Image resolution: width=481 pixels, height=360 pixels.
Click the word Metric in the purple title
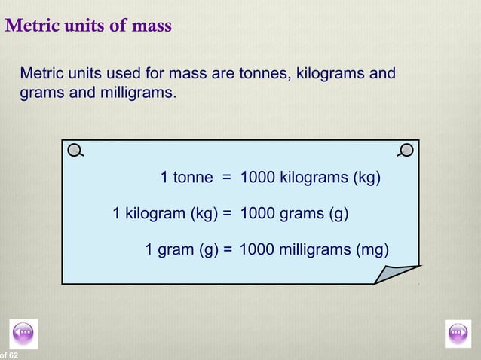coord(29,26)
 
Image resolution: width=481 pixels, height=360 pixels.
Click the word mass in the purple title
coord(152,27)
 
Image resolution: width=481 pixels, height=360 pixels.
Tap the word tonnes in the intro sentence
coord(265,74)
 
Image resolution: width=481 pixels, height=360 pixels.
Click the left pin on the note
coord(75,150)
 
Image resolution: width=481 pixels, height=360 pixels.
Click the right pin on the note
coord(406,149)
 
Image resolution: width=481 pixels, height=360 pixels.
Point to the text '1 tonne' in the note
coord(187,178)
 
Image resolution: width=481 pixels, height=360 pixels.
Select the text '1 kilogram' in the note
coord(148,213)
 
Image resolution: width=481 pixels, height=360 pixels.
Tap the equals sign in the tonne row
coord(225,178)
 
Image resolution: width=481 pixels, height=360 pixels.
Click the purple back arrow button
coord(24,333)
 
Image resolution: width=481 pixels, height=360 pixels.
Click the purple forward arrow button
coord(458,333)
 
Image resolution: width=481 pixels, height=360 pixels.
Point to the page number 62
coord(14,355)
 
